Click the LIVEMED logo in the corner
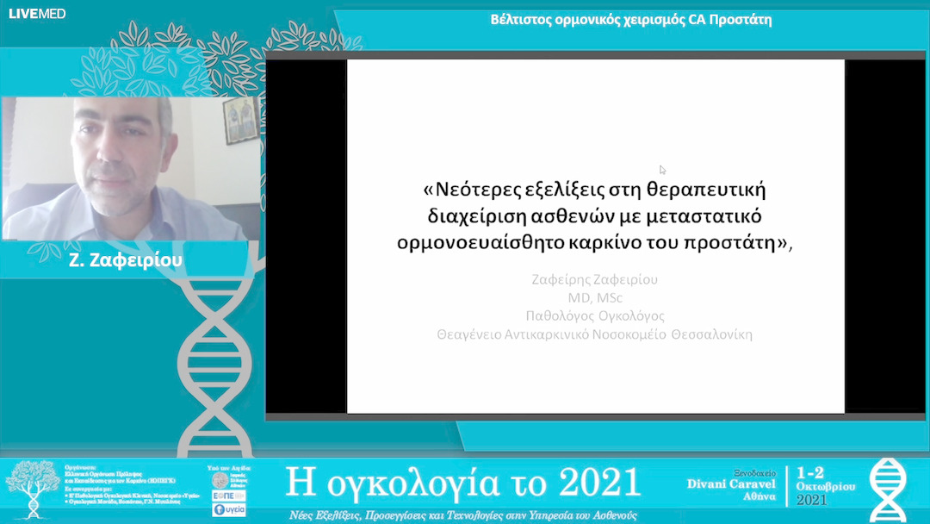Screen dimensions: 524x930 tap(37, 13)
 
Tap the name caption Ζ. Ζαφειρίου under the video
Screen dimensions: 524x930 tap(126, 259)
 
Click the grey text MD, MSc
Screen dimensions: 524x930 tap(595, 297)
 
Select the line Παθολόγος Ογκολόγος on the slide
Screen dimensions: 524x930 tap(595, 315)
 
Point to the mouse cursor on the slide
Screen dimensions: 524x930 tap(662, 170)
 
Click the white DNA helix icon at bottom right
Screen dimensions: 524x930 tap(887, 490)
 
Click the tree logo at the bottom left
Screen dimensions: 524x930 tap(31, 488)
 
